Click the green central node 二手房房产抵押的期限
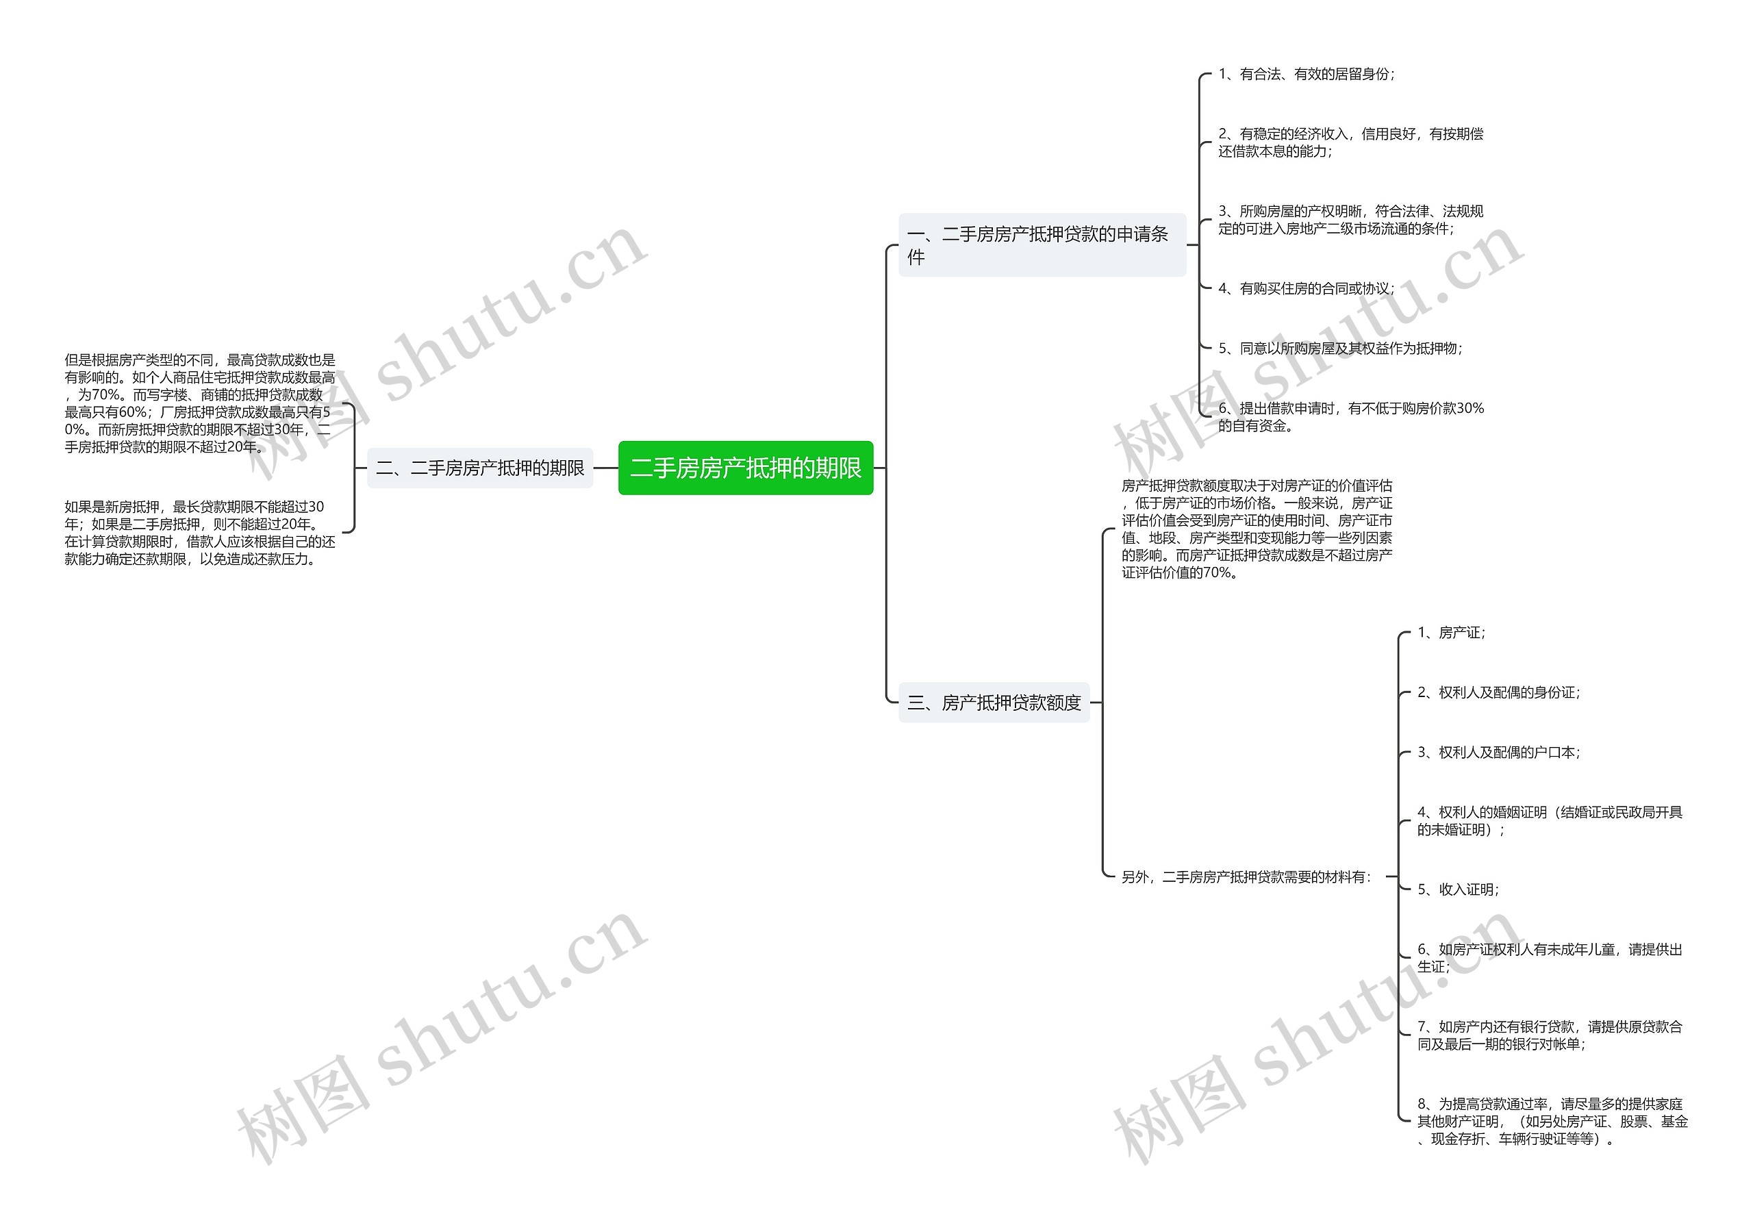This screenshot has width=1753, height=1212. click(746, 468)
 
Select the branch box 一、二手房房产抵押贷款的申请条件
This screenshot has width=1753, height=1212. click(1042, 244)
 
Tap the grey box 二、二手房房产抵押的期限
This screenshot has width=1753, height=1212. click(480, 468)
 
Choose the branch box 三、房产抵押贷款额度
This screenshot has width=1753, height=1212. click(994, 703)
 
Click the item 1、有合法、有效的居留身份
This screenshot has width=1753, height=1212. click(1306, 74)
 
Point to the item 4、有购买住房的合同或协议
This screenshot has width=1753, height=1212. click(1306, 288)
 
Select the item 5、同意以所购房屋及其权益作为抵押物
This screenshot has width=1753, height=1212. click(1340, 349)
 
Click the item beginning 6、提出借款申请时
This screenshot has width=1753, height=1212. click(1350, 417)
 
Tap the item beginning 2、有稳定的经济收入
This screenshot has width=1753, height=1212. click(1350, 142)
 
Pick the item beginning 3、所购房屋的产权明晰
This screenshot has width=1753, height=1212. click(1350, 220)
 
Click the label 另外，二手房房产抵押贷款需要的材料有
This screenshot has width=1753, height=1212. click(1246, 877)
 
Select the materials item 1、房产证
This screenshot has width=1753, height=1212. click(1451, 633)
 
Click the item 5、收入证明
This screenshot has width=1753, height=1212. click(1458, 889)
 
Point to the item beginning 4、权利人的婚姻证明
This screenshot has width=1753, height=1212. click(1550, 821)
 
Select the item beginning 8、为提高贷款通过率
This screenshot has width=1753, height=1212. click(1552, 1121)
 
